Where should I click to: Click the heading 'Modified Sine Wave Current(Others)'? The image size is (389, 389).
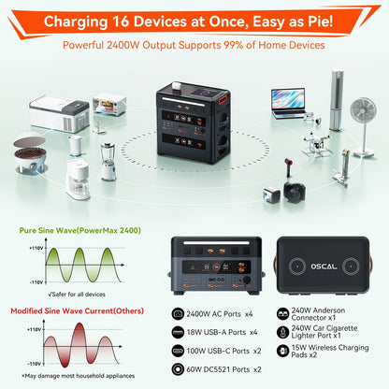[71, 311]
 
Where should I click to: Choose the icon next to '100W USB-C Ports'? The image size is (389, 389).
[179, 351]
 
